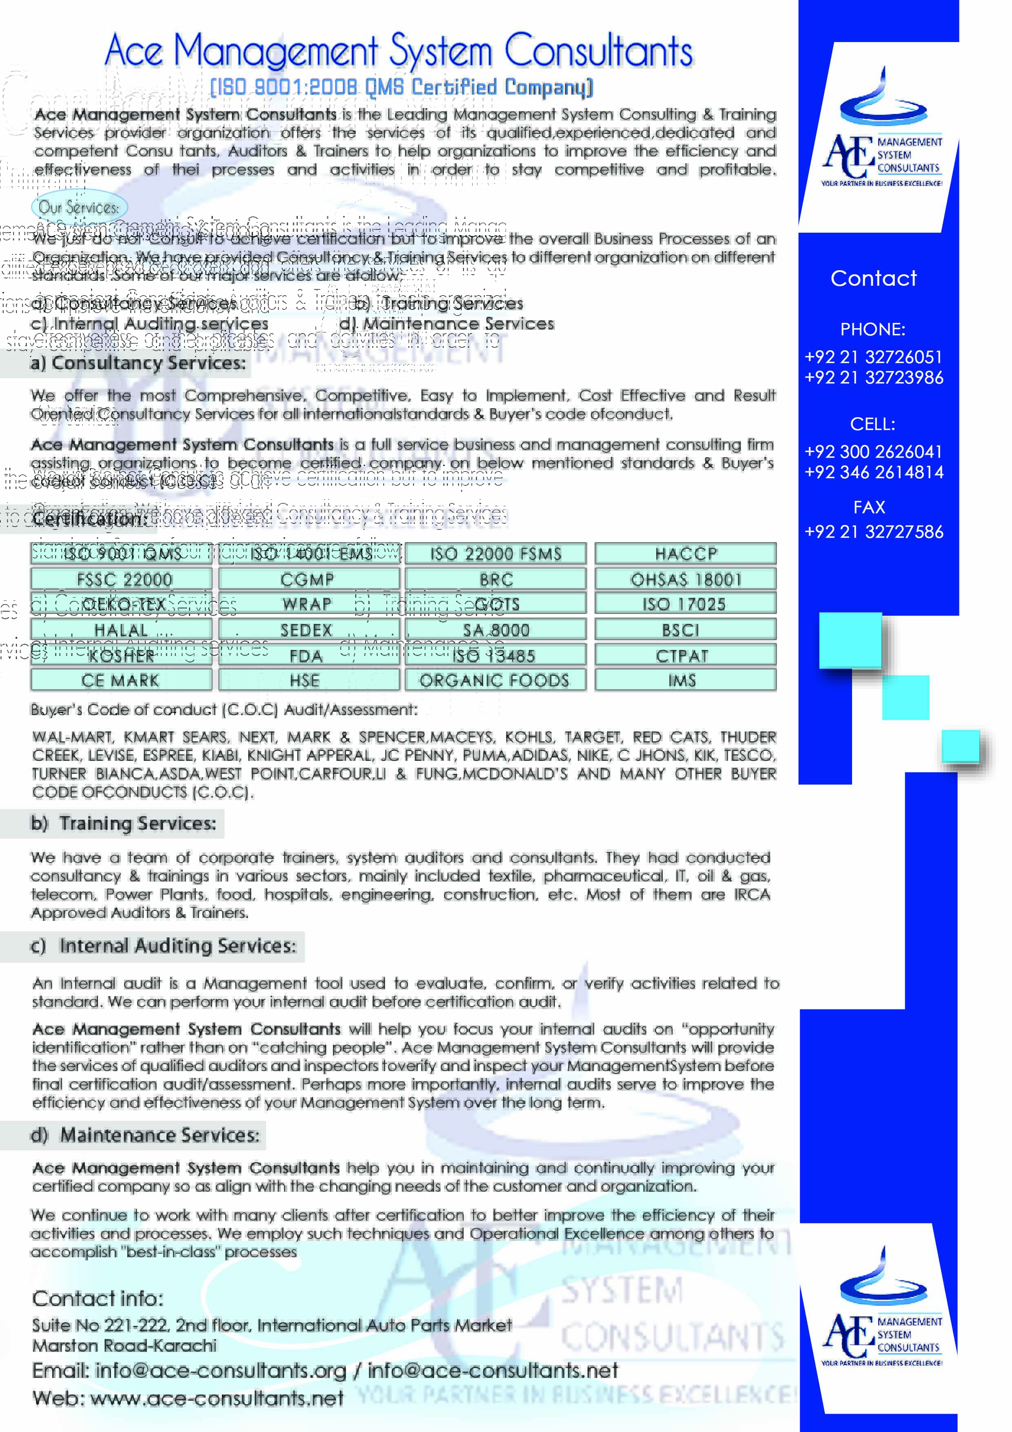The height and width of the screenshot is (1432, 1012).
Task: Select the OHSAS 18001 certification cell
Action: pyautogui.click(x=685, y=579)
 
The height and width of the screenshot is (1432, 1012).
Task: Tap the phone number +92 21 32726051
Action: pyautogui.click(x=873, y=357)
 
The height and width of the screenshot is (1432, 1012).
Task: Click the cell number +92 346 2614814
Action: pyautogui.click(x=873, y=472)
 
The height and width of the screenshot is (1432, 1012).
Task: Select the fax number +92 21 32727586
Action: pyautogui.click(x=873, y=531)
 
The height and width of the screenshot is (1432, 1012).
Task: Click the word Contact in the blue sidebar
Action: pyautogui.click(x=873, y=278)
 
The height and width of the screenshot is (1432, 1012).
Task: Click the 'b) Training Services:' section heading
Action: pyautogui.click(x=124, y=823)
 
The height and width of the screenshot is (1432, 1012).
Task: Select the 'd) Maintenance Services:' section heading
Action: pyautogui.click(x=145, y=1135)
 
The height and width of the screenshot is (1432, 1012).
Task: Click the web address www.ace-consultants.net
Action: pyautogui.click(x=216, y=1398)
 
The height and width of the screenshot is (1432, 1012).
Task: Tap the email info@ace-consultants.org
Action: pyautogui.click(x=220, y=1370)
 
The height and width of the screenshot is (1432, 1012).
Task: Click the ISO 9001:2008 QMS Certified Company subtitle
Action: pyautogui.click(x=401, y=87)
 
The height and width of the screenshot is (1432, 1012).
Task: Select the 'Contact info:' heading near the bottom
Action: pyautogui.click(x=97, y=1299)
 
